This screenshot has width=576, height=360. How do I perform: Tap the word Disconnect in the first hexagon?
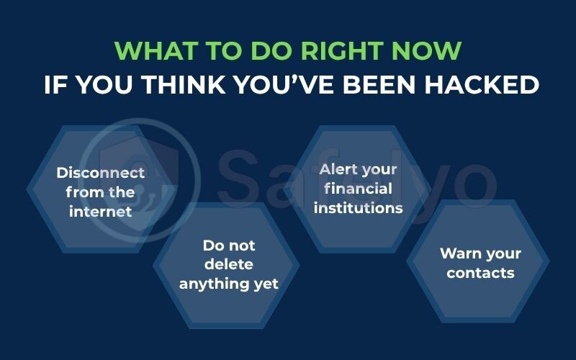pyautogui.click(x=101, y=173)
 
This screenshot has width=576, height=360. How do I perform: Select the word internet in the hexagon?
pyautogui.click(x=101, y=212)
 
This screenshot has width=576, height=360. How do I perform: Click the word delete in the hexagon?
pyautogui.click(x=228, y=264)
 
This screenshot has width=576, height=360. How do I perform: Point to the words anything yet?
pyautogui.click(x=228, y=284)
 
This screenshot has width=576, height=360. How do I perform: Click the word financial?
pyautogui.click(x=358, y=189)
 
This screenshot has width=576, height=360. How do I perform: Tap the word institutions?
pyautogui.click(x=358, y=208)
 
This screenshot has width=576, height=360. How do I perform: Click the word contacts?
pyautogui.click(x=480, y=273)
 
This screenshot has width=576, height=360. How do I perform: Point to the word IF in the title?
pyautogui.click(x=55, y=84)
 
